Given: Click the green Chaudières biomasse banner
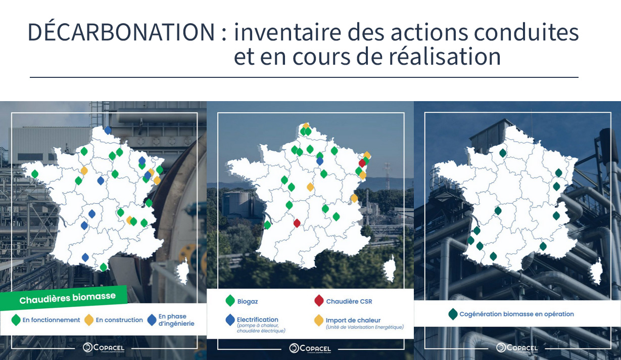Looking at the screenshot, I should point(67,299).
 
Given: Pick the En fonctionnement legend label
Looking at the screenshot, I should point(51,320).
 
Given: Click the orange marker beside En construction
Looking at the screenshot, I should point(88,320).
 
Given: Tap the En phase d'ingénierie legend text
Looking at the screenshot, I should point(172,320).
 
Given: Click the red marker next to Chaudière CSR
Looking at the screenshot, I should point(318,301).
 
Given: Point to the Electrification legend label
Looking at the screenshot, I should point(257,320).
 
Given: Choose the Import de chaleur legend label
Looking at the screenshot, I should point(353,320).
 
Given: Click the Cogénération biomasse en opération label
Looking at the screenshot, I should point(516,314).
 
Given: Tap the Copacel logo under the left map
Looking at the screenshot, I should point(104,347).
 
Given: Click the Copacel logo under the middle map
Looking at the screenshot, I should point(310,348).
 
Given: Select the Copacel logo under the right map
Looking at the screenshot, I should point(517,347).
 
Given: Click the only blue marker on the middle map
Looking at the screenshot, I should point(319,161).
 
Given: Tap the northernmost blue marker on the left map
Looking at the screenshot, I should point(108,130).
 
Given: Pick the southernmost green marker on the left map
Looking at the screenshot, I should point(104,267).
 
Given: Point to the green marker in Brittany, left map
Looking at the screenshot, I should point(35,174).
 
